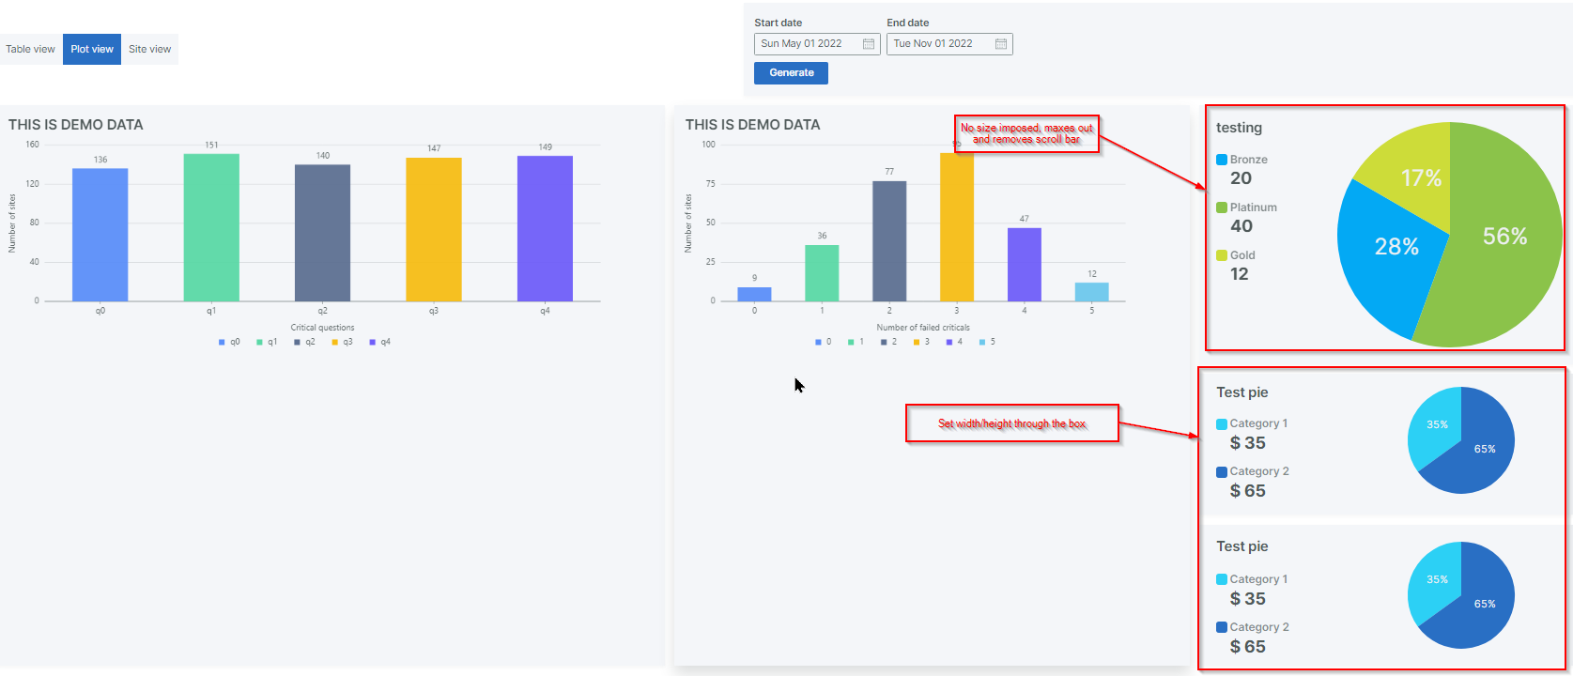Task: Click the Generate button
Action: (x=791, y=73)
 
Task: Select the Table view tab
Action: (x=30, y=50)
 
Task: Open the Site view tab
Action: (x=149, y=50)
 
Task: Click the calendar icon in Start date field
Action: (x=869, y=44)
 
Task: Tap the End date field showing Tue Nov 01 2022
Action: (x=939, y=44)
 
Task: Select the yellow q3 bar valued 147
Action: (x=434, y=229)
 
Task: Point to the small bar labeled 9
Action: (x=754, y=294)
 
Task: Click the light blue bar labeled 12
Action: (x=1091, y=292)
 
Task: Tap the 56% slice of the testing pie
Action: (x=1503, y=244)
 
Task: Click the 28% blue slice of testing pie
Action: (x=1390, y=253)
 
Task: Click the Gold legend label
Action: (x=1242, y=255)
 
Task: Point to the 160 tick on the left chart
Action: (x=33, y=145)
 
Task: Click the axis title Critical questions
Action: (x=322, y=328)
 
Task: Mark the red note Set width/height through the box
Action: (x=1011, y=423)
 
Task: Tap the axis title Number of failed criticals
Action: (x=923, y=328)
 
